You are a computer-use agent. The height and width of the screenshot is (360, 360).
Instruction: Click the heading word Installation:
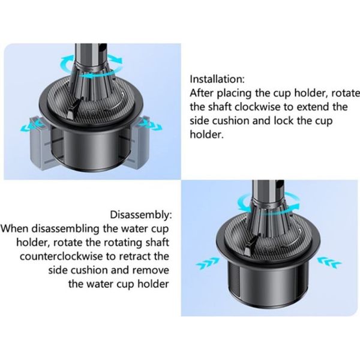coord(217,79)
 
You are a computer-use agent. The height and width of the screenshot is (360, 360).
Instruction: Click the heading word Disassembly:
coord(141,215)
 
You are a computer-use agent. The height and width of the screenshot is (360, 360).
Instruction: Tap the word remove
coord(151,270)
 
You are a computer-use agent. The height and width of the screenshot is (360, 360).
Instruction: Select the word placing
coord(234,93)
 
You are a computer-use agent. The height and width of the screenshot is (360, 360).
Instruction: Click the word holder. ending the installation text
coord(206,134)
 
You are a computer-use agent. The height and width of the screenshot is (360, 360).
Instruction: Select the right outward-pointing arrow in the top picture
coord(150,125)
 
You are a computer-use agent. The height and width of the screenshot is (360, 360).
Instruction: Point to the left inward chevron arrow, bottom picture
coord(208,263)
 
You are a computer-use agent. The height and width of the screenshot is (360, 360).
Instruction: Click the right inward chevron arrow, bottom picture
coord(329,263)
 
